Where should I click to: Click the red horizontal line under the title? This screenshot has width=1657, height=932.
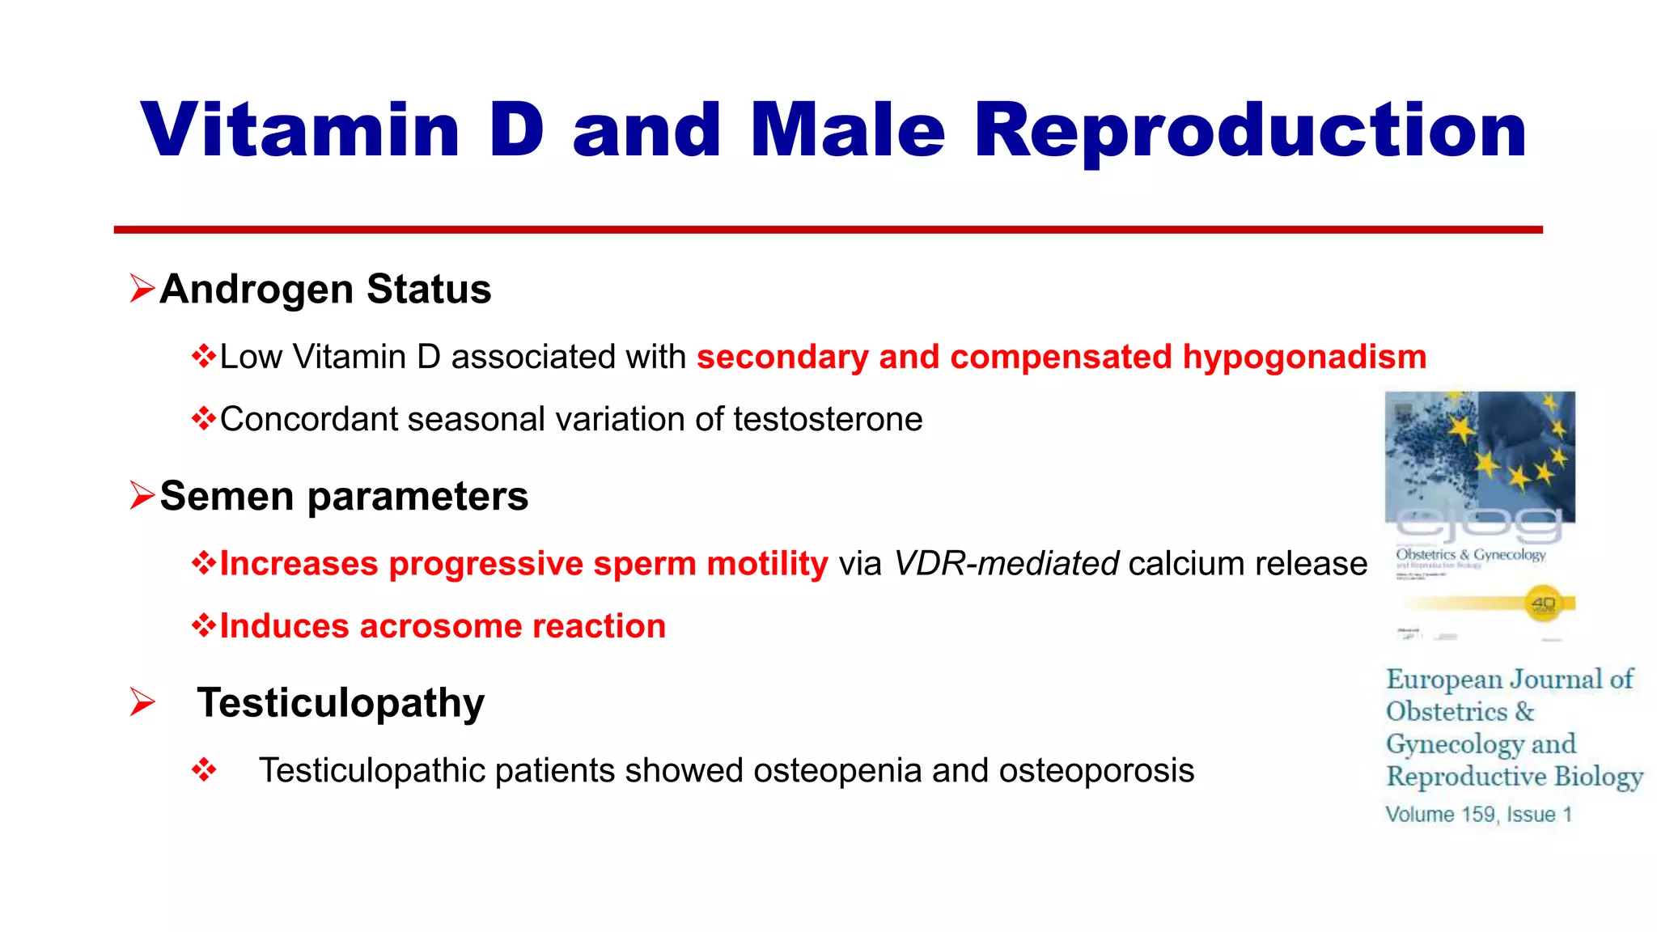(x=828, y=230)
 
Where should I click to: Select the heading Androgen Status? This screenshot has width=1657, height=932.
(x=325, y=289)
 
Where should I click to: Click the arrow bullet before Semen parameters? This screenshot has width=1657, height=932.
(x=142, y=495)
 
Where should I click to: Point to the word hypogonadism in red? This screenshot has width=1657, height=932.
(x=1304, y=357)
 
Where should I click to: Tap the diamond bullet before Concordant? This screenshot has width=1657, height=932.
(x=203, y=419)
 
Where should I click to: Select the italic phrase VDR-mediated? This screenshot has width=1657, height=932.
(x=1006, y=563)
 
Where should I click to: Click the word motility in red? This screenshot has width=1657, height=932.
(x=767, y=563)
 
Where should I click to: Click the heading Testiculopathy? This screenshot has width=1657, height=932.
(x=341, y=702)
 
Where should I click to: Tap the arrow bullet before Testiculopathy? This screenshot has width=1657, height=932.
(x=142, y=702)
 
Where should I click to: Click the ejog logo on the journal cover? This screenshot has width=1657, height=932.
(x=1479, y=526)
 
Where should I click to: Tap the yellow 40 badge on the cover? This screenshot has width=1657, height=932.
(x=1544, y=604)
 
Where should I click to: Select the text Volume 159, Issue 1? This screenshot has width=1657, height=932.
(x=1478, y=815)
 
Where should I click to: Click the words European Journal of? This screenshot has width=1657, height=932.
(x=1509, y=679)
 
